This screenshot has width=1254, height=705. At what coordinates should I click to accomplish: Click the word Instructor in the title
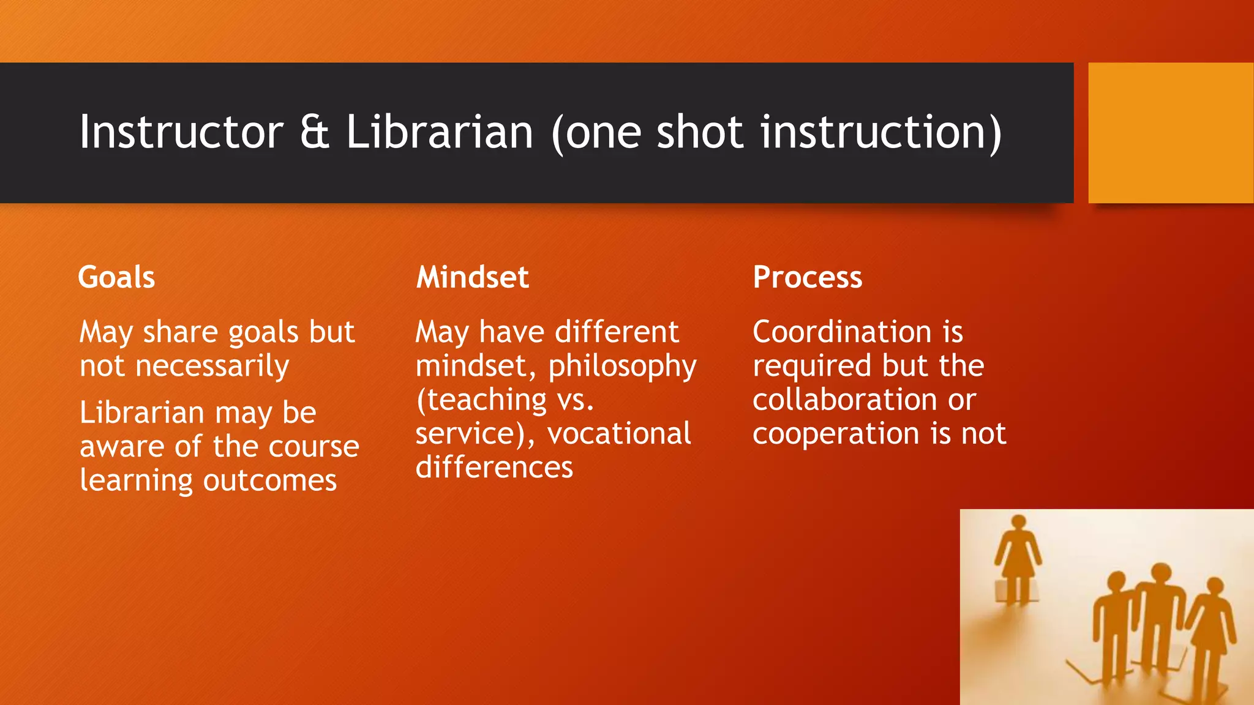182,132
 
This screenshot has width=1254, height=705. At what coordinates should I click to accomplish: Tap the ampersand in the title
315,132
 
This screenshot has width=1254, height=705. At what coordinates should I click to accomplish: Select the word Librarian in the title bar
440,132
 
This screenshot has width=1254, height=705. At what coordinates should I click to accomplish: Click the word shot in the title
700,132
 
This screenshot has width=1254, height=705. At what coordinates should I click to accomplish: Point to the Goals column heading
116,277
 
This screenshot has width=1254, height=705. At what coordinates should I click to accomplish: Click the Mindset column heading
472,277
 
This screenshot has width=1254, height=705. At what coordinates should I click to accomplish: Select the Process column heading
807,277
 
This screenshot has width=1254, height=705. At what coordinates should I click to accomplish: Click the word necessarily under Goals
212,367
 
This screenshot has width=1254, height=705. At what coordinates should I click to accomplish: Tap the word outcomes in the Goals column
270,481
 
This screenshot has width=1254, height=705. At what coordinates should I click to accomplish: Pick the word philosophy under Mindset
622,367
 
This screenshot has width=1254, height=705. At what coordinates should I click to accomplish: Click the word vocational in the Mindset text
619,434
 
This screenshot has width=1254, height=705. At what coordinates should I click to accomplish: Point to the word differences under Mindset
494,468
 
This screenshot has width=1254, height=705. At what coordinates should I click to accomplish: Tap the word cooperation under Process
836,434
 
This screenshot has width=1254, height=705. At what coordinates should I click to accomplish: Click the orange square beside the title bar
1171,132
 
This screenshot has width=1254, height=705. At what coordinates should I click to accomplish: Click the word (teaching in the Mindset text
481,400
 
